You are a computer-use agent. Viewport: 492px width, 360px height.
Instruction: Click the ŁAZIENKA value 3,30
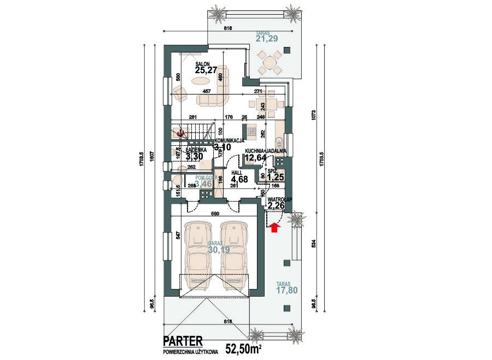coord(195,156)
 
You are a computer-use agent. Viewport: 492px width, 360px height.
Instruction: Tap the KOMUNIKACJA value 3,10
coord(222,147)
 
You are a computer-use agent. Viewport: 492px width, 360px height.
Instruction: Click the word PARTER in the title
coord(182,341)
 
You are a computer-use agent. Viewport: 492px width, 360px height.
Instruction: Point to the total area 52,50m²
coord(243,348)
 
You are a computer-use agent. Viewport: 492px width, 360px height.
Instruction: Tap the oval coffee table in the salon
coord(203,81)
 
